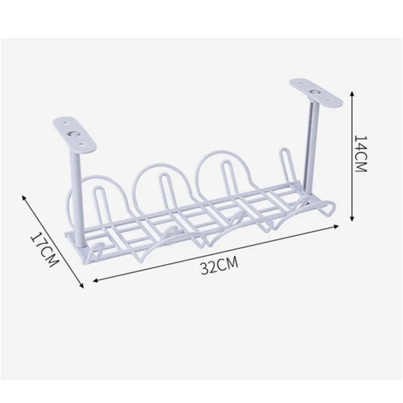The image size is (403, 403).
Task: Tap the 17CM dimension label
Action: tap(44, 249)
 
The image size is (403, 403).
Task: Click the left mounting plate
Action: tap(75, 134)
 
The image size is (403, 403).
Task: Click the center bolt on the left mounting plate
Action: tap(74, 134)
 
